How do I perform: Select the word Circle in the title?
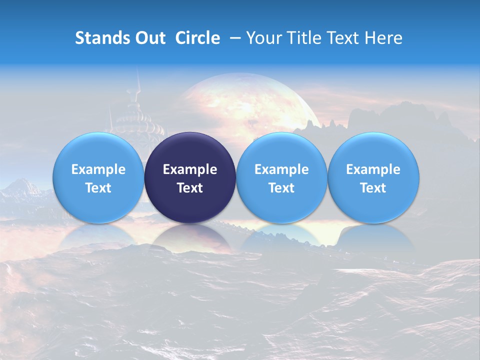(x=197, y=38)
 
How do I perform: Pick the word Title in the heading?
(x=305, y=38)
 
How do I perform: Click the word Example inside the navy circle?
(x=190, y=169)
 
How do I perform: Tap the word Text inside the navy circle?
(x=190, y=188)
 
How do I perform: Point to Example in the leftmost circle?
(x=98, y=169)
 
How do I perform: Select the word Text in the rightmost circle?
(x=373, y=188)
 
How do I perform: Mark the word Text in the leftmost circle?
(x=98, y=188)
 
